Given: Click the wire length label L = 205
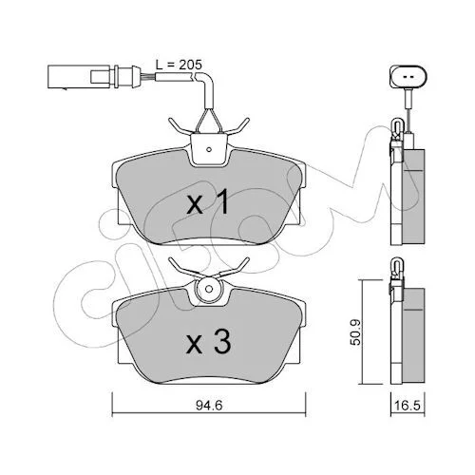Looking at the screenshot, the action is pyautogui.click(x=179, y=65).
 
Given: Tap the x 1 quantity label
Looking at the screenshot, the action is pyautogui.click(x=208, y=202).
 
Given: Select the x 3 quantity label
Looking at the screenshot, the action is pyautogui.click(x=208, y=344).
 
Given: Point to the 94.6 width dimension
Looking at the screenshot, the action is pyautogui.click(x=209, y=406).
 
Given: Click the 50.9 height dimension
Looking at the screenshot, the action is pyautogui.click(x=356, y=332).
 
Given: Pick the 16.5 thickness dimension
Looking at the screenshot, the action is pyautogui.click(x=408, y=406).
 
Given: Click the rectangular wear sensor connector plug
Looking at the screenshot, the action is pyautogui.click(x=79, y=77).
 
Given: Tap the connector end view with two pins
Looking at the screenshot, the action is pyautogui.click(x=408, y=77).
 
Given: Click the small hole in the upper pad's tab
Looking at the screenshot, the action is pyautogui.click(x=208, y=149).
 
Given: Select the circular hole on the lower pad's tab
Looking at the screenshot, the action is pyautogui.click(x=208, y=289).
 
